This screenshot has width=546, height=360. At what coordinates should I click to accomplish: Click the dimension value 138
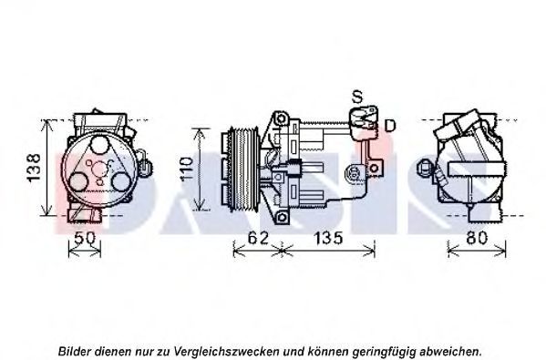coord(34,168)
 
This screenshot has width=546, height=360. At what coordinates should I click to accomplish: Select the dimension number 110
coord(186,169)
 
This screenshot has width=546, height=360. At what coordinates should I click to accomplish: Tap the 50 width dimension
coord(85,238)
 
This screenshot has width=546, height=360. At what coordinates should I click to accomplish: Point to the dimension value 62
coord(258,238)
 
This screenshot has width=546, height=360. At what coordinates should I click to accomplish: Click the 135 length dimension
coord(328,238)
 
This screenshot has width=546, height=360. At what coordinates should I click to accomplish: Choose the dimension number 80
coord(477,238)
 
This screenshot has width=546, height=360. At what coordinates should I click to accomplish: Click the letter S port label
coord(357,98)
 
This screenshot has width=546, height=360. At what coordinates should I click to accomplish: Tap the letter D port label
coord(390,126)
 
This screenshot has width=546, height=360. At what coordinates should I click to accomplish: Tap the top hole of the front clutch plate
coord(98,145)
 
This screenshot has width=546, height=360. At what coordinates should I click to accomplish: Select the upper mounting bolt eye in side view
coord(281,119)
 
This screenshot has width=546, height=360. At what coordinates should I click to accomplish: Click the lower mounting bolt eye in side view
coord(282,218)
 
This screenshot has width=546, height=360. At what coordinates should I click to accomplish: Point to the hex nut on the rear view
coord(424,168)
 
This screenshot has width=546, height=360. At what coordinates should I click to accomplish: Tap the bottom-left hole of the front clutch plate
coord(78,182)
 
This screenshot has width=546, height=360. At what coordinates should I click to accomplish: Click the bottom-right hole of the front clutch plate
coord(121,181)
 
